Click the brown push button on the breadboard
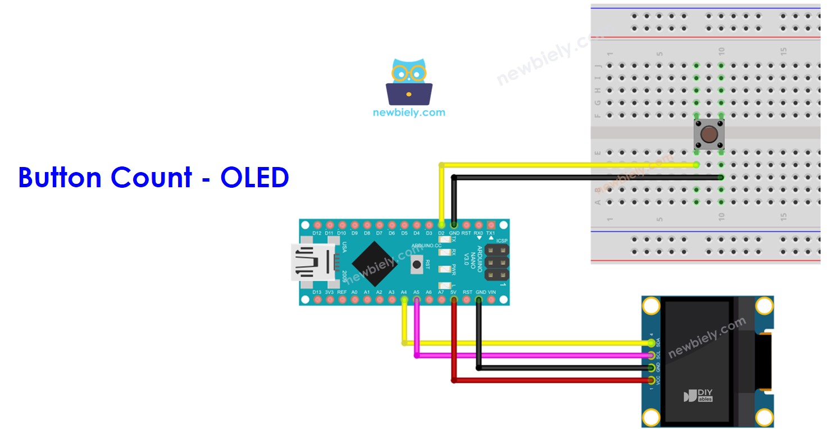709,135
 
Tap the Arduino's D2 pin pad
441,224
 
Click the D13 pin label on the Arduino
317,292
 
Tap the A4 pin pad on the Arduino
404,301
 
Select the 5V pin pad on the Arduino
454,301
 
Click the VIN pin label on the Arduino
493,292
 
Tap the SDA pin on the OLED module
651,343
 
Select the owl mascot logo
409,82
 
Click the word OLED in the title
254,178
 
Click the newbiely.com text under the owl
409,112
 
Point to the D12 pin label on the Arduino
317,233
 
